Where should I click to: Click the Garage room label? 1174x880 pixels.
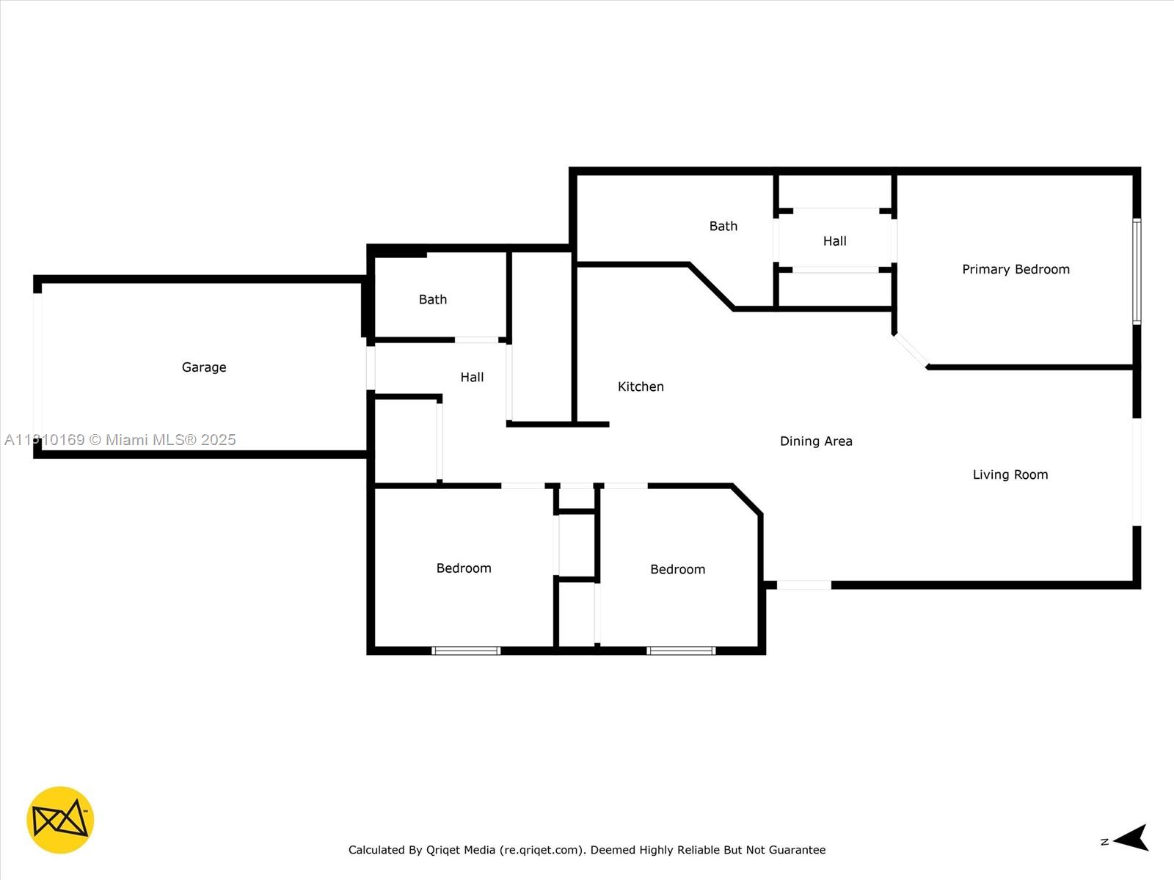pyautogui.click(x=204, y=367)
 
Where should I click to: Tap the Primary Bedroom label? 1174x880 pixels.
pyautogui.click(x=1016, y=269)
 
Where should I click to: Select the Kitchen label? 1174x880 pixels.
pyautogui.click(x=641, y=386)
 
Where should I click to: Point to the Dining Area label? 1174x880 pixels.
pyautogui.click(x=816, y=441)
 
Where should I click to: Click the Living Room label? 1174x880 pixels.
pyautogui.click(x=1010, y=474)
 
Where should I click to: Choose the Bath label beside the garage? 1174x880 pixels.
pyautogui.click(x=433, y=299)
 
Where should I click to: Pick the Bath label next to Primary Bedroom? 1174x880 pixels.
pyautogui.click(x=723, y=226)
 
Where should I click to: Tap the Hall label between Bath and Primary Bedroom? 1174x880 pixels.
pyautogui.click(x=834, y=241)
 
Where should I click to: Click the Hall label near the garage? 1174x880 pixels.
pyautogui.click(x=472, y=377)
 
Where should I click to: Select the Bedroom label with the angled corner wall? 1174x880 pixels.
pyautogui.click(x=678, y=569)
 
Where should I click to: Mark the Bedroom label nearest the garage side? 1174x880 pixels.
pyautogui.click(x=464, y=568)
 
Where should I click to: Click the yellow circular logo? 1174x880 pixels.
pyautogui.click(x=60, y=820)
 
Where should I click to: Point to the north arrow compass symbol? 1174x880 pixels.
pyautogui.click(x=1129, y=837)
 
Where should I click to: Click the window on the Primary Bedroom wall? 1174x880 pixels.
pyautogui.click(x=1137, y=271)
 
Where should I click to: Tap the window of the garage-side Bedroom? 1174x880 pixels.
pyautogui.click(x=466, y=650)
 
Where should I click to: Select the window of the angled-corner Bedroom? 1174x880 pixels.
pyautogui.click(x=681, y=650)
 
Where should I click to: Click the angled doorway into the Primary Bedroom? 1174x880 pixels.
pyautogui.click(x=911, y=351)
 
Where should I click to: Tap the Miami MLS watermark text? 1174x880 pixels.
pyautogui.click(x=120, y=440)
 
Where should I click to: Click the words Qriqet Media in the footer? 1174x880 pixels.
pyautogui.click(x=461, y=849)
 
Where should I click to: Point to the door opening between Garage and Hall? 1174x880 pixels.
pyautogui.click(x=370, y=367)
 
